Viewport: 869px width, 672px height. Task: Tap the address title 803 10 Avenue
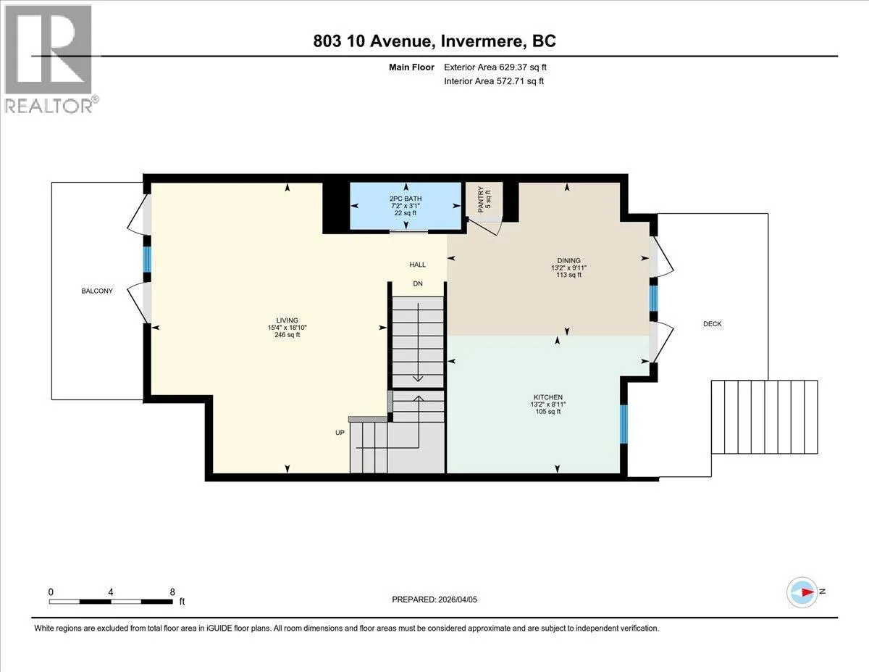pos(374,41)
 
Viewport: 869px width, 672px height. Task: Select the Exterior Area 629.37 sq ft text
pos(495,67)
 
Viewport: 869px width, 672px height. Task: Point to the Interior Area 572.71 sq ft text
pos(494,81)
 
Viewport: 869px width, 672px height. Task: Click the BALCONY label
pos(97,291)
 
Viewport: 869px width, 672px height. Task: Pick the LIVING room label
pos(287,320)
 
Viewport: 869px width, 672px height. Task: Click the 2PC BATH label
pos(406,199)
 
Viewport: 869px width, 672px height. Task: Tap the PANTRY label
pos(481,199)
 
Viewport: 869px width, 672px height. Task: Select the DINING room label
pos(568,260)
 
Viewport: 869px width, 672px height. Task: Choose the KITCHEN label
pos(548,397)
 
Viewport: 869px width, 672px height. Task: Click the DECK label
pos(713,324)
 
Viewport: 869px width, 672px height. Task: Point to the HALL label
pos(418,265)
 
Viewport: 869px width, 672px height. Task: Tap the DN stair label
pos(418,283)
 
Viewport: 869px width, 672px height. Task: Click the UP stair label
pos(340,433)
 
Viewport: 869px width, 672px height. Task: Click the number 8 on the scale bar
pos(172,592)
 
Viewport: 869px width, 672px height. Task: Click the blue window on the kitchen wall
pos(624,424)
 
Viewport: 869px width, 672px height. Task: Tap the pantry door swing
pos(484,226)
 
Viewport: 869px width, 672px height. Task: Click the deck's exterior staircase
pos(764,417)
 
